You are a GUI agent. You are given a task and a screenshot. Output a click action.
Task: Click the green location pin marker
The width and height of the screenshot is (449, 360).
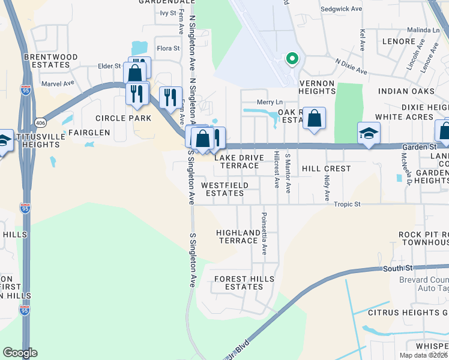click(x=292, y=58)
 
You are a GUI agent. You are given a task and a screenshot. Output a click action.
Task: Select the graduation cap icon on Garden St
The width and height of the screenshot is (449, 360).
click(x=369, y=132)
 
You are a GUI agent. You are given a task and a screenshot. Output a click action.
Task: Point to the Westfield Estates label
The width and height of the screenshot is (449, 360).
click(x=225, y=189)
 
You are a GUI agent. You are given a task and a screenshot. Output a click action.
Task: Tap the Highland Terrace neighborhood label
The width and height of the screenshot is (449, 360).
click(x=237, y=236)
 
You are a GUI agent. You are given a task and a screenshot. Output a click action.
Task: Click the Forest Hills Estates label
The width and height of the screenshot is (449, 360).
click(x=238, y=283)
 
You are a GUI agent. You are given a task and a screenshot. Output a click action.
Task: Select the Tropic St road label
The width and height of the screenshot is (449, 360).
click(x=348, y=205)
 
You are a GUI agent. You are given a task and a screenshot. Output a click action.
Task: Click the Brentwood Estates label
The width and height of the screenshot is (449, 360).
click(x=51, y=61)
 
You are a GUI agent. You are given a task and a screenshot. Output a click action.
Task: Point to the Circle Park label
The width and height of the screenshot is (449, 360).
click(x=123, y=118)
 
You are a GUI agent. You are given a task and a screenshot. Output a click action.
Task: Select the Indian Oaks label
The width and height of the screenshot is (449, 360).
click(x=406, y=91)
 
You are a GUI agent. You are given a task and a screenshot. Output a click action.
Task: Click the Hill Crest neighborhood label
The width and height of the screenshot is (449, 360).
click(x=326, y=169)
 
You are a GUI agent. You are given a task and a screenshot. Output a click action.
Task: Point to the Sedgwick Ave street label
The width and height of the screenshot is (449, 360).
click(x=342, y=9)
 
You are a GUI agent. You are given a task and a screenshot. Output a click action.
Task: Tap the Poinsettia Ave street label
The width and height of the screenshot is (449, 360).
click(x=264, y=233)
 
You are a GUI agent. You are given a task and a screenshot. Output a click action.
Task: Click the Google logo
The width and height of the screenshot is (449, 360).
click(x=20, y=353)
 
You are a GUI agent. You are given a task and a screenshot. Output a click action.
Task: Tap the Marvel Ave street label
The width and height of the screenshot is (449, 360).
click(x=57, y=83)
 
